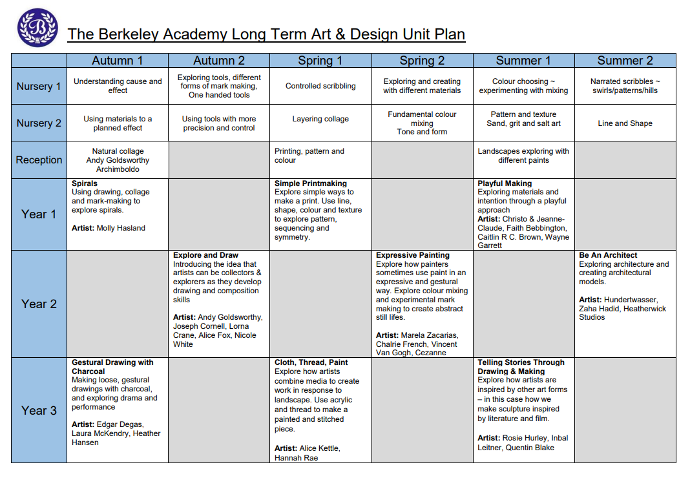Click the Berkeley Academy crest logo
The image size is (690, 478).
pyautogui.click(x=37, y=28)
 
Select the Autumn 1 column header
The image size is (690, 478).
pyautogui.click(x=118, y=61)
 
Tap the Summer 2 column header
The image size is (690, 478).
pyautogui.click(x=625, y=61)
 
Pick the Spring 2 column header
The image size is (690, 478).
pyautogui.click(x=422, y=61)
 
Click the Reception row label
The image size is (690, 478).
pyautogui.click(x=39, y=160)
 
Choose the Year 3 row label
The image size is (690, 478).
pyautogui.click(x=39, y=410)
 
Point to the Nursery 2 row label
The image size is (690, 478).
pyautogui.click(x=39, y=123)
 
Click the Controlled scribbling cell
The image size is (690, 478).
pyautogui.click(x=320, y=86)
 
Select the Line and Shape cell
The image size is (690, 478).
pyautogui.click(x=625, y=123)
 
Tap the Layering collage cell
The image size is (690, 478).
pyautogui.click(x=320, y=119)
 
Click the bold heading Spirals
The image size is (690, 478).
pyautogui.click(x=85, y=183)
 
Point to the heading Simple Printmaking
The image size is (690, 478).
pyautogui.click(x=310, y=183)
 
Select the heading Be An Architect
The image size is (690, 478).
pyautogui.click(x=608, y=255)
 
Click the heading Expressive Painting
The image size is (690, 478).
pyautogui.click(x=413, y=255)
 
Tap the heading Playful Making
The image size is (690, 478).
pyautogui.click(x=505, y=183)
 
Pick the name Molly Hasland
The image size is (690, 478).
pyautogui.click(x=121, y=228)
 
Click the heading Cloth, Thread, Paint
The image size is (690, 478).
pyautogui.click(x=311, y=363)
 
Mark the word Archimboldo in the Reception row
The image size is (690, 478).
pyautogui.click(x=118, y=169)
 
